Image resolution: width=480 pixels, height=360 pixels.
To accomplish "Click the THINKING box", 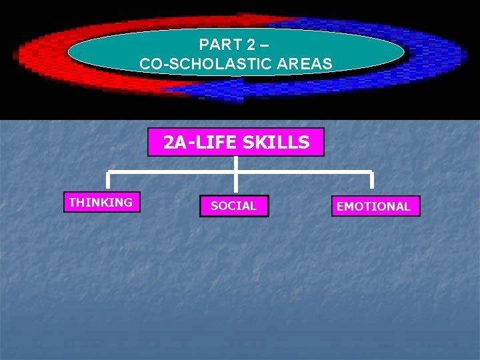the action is pos(101,202).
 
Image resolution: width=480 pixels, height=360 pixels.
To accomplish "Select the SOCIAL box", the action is pos(233,206).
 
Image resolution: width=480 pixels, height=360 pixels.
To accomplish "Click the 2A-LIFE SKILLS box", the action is pos(236,142).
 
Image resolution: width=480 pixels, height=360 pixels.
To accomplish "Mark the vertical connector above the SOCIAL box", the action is pos(235,183).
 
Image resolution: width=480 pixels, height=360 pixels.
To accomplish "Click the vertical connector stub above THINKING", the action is pos(108,181).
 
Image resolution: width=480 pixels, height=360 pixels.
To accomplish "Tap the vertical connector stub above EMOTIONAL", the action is pos(372,181).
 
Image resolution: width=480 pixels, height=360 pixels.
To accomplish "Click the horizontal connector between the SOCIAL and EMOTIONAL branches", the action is pos(303,172).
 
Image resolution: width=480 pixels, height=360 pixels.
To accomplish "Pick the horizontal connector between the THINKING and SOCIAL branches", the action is pos(171,172).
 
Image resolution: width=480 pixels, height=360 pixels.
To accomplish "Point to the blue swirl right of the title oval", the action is pos(433,57).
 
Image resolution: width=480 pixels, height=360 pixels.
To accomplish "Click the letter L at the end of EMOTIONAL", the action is pos(407,207).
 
